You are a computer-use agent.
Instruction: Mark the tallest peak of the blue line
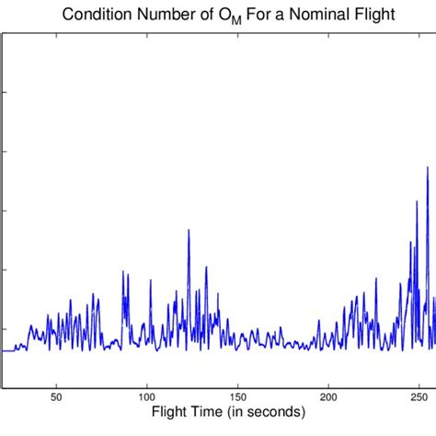click(x=427, y=167)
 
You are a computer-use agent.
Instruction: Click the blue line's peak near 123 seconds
click(x=189, y=230)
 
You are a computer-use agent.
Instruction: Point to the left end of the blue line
click(x=2, y=350)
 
